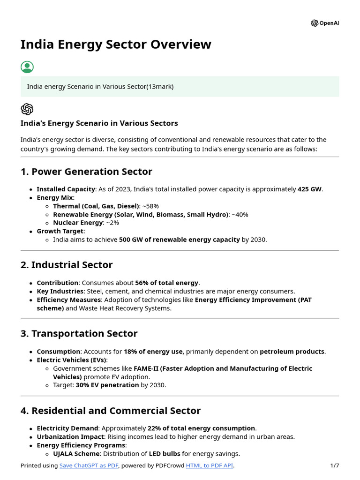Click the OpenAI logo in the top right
[x=324, y=23]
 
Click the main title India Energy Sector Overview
[x=116, y=45]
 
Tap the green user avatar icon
[x=27, y=67]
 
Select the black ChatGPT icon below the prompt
[x=27, y=109]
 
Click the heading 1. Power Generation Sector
[x=86, y=172]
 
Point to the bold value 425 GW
[x=309, y=189]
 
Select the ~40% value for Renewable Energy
[x=240, y=215]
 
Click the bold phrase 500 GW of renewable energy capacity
[x=179, y=240]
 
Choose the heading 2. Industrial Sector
[x=67, y=265]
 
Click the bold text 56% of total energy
[x=167, y=283]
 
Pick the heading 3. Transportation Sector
[x=79, y=334]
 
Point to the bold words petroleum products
[x=292, y=352]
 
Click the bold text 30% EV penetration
[x=107, y=385]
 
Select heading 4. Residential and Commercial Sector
[x=111, y=411]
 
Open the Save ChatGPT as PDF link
[x=89, y=465]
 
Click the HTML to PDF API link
[x=210, y=465]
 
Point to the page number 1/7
[x=334, y=465]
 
